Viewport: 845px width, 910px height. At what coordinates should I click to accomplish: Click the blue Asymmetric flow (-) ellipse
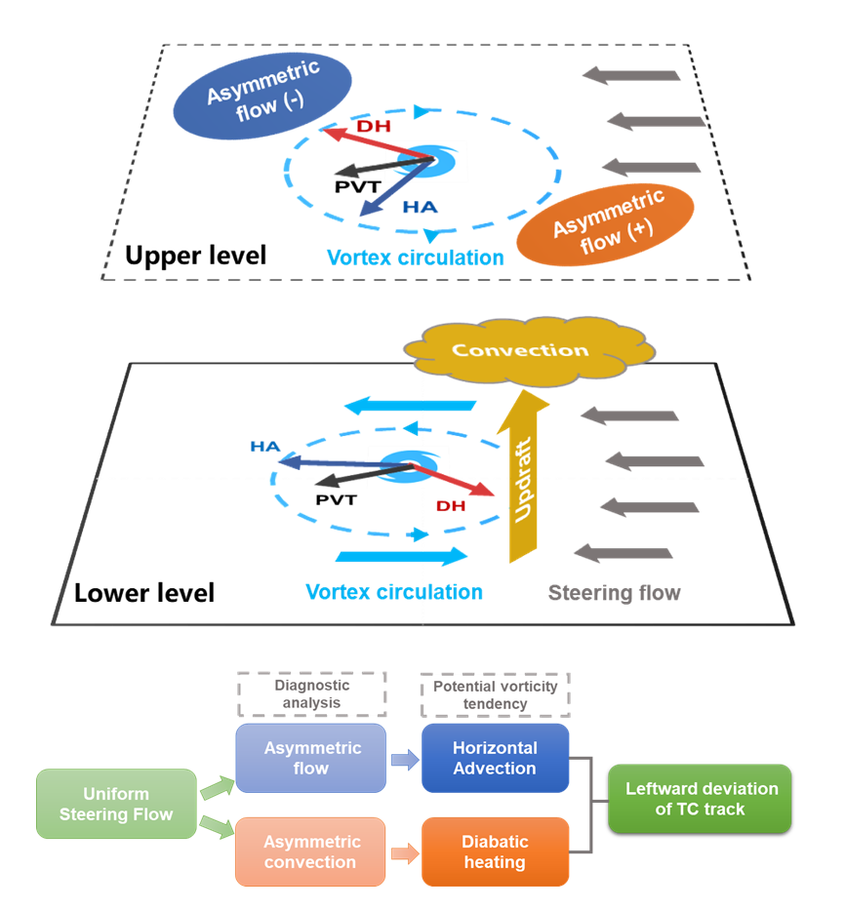(x=262, y=95)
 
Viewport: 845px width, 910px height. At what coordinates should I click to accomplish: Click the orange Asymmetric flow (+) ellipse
(x=605, y=225)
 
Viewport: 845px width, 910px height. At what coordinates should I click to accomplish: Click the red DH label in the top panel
(x=376, y=127)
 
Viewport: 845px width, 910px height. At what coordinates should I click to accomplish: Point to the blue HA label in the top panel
(x=421, y=207)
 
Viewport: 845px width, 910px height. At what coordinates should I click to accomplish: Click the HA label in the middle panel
(x=265, y=447)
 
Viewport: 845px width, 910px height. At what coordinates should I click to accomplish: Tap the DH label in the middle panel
(x=451, y=506)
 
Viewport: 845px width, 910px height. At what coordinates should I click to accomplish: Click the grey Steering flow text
(x=614, y=592)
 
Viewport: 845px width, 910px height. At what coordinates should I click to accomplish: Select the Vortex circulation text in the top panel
(x=415, y=257)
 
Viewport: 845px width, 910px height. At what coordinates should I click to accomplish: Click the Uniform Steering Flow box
(x=116, y=804)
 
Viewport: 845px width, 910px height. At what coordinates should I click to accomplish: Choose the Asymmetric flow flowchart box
(x=310, y=758)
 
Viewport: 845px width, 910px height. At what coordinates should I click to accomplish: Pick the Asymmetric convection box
(x=310, y=851)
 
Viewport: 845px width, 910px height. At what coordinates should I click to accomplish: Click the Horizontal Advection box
(x=495, y=758)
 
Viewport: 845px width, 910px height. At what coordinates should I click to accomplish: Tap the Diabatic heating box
(x=495, y=851)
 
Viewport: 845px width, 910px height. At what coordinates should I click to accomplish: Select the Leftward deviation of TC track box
(x=700, y=798)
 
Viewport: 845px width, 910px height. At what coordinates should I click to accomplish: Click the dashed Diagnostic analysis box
(x=312, y=693)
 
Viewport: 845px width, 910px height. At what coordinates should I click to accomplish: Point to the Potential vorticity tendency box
(x=495, y=694)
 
